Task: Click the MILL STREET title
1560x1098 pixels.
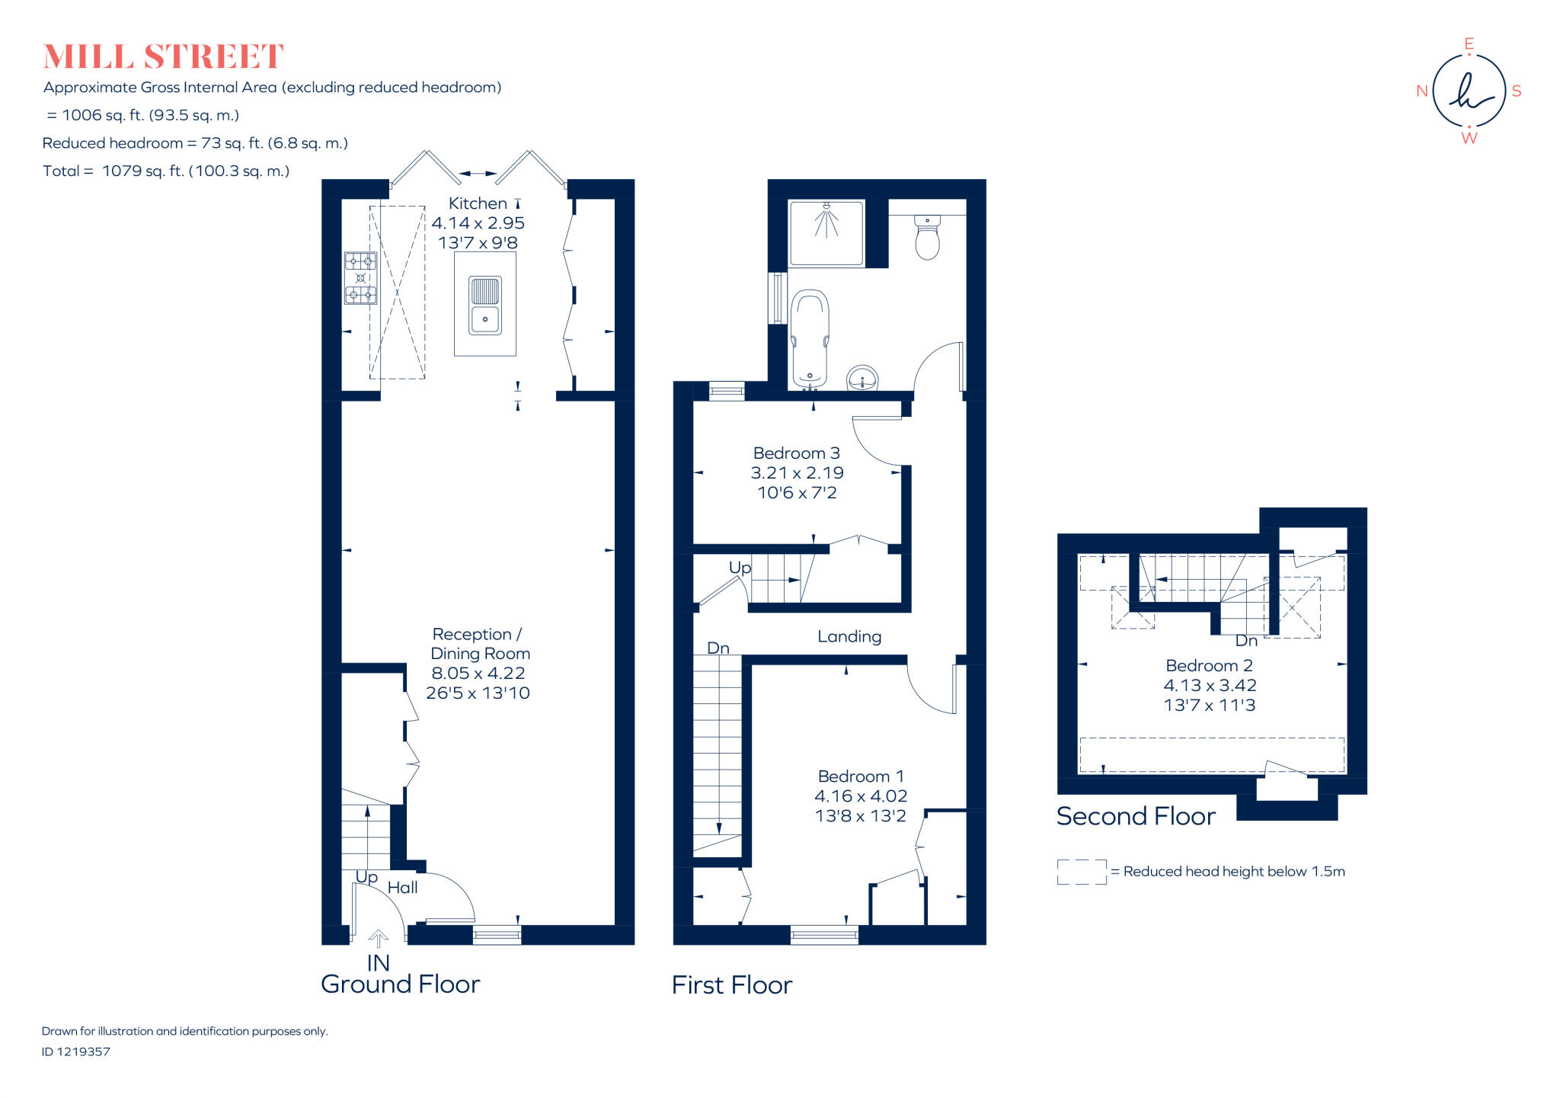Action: click(x=163, y=57)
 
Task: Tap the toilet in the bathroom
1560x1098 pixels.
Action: click(x=927, y=238)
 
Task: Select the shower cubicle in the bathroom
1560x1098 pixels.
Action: click(x=826, y=232)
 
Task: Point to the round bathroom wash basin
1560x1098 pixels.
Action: click(x=862, y=378)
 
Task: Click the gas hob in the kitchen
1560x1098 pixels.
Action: click(x=360, y=278)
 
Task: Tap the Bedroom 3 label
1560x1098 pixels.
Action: click(x=796, y=453)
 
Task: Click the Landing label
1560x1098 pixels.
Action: click(x=849, y=637)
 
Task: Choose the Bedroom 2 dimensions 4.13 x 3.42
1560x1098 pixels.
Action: click(x=1210, y=686)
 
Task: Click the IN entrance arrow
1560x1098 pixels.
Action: click(x=379, y=939)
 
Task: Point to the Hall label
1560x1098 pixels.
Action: click(x=402, y=888)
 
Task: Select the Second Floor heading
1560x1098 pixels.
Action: click(x=1136, y=817)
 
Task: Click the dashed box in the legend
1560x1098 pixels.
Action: click(x=1082, y=872)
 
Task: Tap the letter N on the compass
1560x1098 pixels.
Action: click(x=1421, y=91)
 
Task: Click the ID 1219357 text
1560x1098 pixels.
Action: click(x=76, y=1052)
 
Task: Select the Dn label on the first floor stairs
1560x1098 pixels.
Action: click(x=718, y=648)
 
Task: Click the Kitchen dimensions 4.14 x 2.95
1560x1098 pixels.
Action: click(x=478, y=223)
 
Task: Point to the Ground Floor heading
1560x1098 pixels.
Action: click(x=400, y=984)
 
